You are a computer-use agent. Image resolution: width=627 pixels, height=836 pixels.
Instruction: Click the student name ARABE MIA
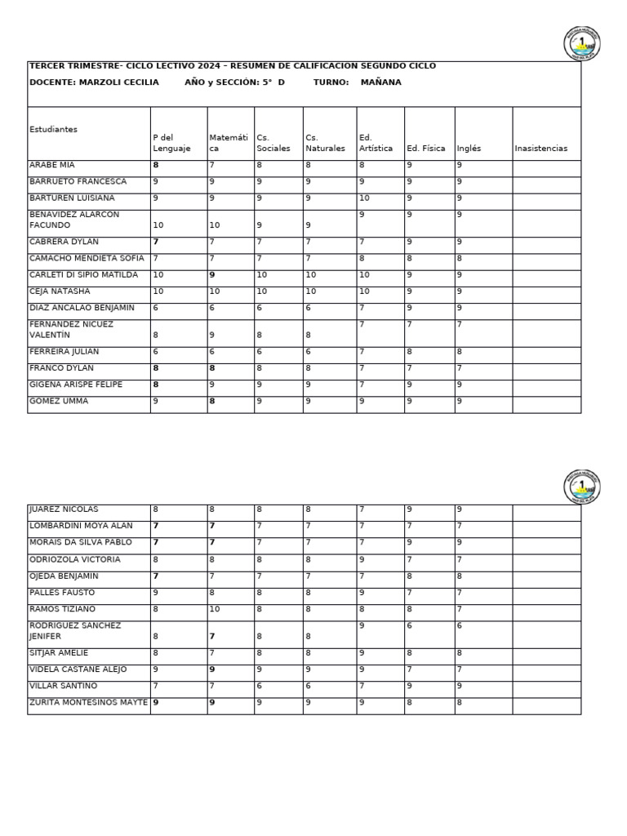(52, 165)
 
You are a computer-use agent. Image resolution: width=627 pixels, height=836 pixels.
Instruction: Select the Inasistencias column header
(540, 149)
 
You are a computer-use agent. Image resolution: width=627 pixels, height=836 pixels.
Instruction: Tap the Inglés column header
(469, 149)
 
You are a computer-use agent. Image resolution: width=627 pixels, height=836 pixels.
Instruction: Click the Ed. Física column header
(425, 149)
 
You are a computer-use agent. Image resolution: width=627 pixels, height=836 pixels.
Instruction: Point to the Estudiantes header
(54, 130)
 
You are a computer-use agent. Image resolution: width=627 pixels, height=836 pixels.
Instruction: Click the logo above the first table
(581, 43)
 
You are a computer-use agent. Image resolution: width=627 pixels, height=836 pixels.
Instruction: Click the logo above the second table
(581, 487)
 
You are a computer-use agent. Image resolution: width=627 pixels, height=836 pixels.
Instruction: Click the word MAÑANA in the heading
(380, 82)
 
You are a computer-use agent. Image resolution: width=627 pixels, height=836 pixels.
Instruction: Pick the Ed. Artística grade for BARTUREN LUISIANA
(364, 198)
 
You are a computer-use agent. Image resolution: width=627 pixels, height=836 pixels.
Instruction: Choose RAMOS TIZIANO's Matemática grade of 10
(215, 609)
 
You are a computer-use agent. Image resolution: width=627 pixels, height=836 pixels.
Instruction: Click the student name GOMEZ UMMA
(58, 402)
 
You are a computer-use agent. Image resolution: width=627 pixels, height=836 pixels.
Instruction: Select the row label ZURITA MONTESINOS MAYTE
(88, 702)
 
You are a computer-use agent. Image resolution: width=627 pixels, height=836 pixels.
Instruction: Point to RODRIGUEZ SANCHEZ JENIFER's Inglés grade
(460, 625)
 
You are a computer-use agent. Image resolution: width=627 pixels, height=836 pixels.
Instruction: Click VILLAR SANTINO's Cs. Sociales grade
(260, 686)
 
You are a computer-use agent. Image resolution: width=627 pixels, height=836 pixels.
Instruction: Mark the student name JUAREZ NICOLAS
(63, 509)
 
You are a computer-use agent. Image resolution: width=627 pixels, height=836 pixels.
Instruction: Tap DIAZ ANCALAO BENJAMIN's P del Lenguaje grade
(156, 308)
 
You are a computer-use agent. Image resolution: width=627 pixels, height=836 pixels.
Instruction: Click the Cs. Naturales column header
(325, 143)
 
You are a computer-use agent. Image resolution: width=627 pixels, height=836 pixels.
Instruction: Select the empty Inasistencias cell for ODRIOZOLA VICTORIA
(546, 560)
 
